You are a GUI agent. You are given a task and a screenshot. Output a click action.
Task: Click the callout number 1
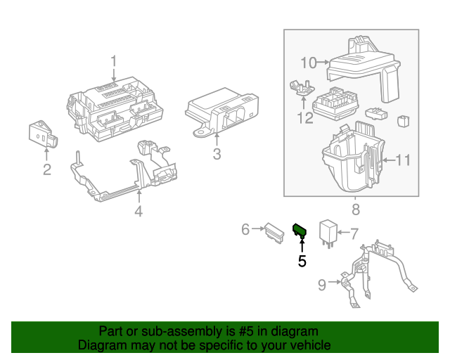(114, 63)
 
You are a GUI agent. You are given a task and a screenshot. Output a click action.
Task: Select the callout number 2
(46, 169)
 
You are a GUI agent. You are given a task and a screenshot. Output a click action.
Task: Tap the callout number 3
(217, 155)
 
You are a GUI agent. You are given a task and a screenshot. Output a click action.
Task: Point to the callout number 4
(139, 212)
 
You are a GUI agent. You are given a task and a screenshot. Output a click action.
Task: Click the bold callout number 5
(302, 261)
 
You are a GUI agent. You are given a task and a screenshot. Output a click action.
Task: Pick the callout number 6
(245, 229)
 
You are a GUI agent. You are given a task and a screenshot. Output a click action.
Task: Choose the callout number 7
(354, 232)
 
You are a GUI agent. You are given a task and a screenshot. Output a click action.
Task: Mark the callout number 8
(355, 210)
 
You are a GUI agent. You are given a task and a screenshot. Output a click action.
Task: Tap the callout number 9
(322, 285)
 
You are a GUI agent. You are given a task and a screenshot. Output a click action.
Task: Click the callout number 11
(401, 161)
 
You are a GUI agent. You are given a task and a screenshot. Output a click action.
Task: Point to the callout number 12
(304, 117)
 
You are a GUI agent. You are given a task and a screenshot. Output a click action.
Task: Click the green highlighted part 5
(300, 229)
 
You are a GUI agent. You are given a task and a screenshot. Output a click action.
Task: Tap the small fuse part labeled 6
(271, 231)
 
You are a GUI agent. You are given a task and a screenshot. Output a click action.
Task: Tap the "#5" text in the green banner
(237, 331)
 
